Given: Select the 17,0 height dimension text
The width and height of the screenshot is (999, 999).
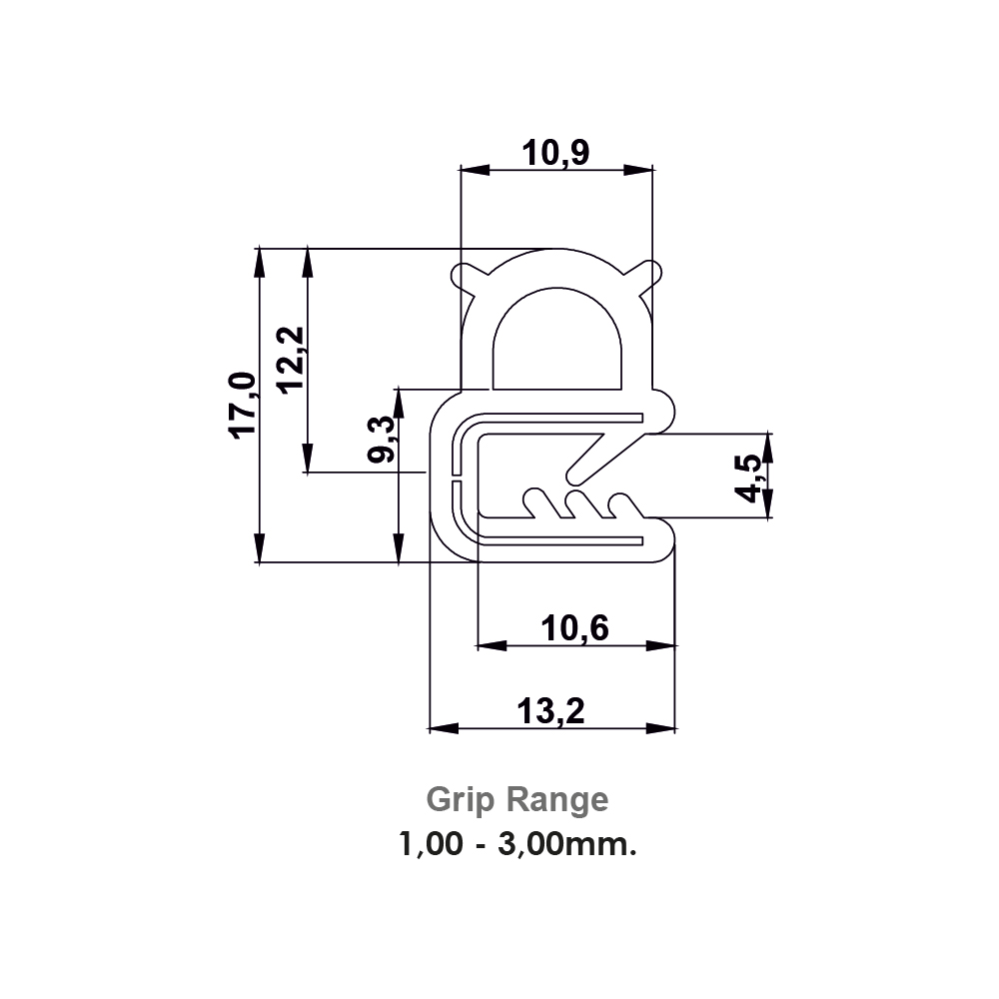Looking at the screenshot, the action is point(243,405).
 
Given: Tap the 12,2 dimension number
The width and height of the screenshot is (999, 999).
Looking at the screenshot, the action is point(292,361).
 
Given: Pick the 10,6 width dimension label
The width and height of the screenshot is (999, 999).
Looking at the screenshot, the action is point(574,628).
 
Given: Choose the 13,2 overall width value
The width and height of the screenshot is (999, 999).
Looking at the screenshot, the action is point(550,711).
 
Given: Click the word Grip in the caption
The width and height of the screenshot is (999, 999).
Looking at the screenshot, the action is point(463,800).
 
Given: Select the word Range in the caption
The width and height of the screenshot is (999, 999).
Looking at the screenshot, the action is point(557,800).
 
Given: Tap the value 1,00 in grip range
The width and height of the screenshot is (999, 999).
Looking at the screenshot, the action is point(432,846).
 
